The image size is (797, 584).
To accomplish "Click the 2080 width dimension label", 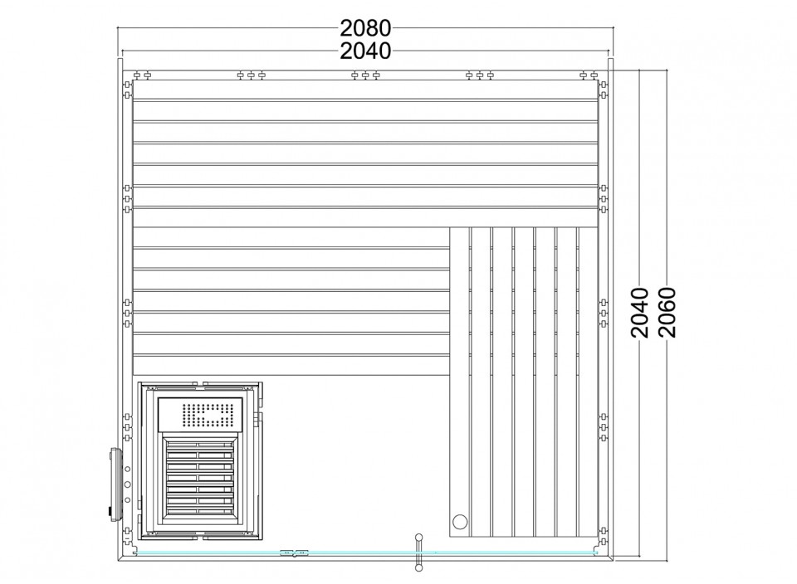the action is pos(365,28).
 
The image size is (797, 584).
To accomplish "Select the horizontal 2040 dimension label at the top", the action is pos(365,51).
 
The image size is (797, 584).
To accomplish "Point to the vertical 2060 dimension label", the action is pos(667,312).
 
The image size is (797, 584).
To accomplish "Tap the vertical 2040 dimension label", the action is pos(640,312).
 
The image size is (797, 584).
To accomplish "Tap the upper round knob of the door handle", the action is pos(418,537).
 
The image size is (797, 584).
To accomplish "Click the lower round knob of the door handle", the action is pos(418,568).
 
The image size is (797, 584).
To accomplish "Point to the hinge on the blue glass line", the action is pos(295,552).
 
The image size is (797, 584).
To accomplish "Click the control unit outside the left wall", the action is pos(115,484).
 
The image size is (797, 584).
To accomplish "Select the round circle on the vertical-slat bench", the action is pos(459,521).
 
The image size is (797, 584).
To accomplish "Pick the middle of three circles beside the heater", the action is pos(127,484).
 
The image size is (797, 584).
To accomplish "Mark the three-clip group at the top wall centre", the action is pos(365,75).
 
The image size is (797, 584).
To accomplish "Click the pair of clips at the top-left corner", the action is pos(142,75).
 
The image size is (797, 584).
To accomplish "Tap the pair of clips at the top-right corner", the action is pos(589,75).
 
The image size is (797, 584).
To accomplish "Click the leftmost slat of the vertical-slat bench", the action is pos(459,382).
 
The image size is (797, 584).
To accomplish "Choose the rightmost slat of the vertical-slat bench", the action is pos(588,382).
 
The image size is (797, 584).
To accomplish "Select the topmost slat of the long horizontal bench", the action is pos(365,90).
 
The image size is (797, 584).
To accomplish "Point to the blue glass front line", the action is pos(365,552).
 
